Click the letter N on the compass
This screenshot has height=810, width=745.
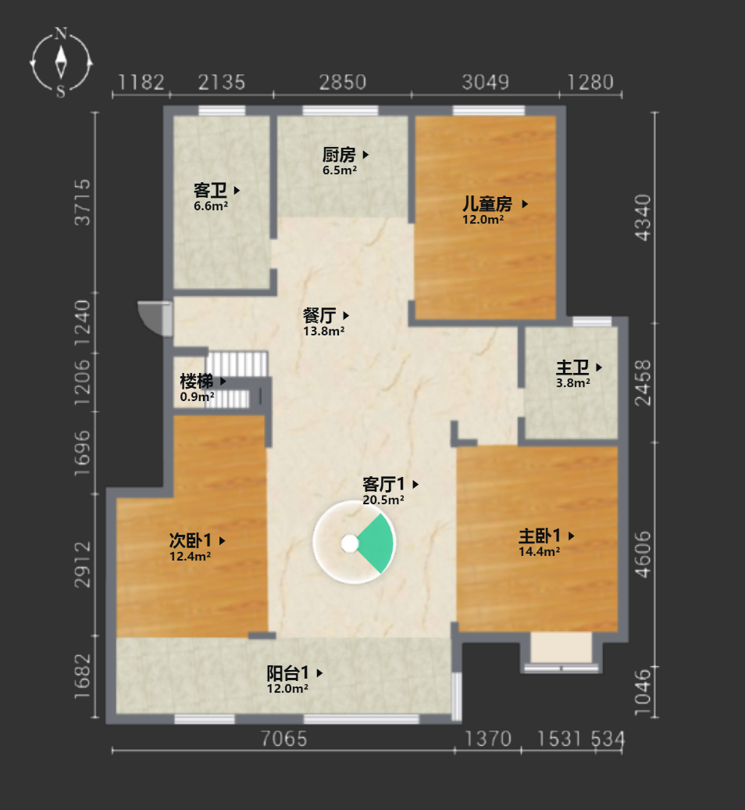61,34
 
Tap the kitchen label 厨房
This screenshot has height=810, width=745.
339,155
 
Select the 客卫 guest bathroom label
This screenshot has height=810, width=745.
210,190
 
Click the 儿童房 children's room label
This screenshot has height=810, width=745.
487,203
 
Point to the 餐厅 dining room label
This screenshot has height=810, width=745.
319,315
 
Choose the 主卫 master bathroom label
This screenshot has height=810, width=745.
572,367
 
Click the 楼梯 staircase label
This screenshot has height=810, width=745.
197,382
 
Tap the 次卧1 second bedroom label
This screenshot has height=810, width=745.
191,540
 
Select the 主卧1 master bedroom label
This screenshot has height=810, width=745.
540,536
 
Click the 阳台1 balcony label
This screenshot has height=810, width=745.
288,672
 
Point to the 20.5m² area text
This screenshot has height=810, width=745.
383,500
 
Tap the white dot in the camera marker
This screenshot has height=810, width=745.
350,543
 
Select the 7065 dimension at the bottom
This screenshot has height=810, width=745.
283,739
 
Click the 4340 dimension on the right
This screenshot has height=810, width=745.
643,217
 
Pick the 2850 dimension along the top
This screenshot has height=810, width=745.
343,82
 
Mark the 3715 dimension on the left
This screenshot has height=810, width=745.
83,202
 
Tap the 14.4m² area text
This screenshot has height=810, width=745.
539,551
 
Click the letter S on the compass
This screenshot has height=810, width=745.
61,92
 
